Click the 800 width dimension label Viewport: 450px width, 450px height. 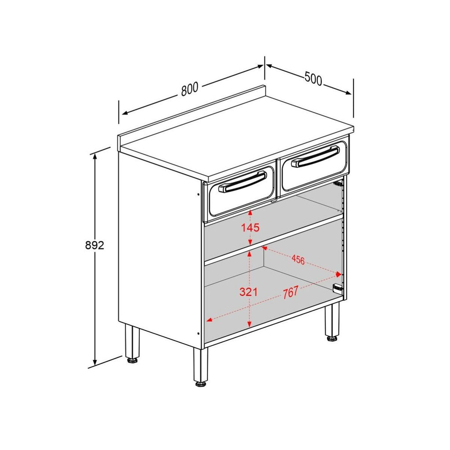(x=190, y=89)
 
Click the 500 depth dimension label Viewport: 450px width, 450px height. (x=313, y=79)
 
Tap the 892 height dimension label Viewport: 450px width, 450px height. (x=95, y=245)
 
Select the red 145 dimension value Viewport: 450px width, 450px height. (x=250, y=228)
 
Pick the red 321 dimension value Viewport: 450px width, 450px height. (x=249, y=292)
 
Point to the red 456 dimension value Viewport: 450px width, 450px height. (x=298, y=260)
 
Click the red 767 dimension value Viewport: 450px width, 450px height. (x=290, y=293)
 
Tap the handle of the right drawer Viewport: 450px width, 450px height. (x=316, y=156)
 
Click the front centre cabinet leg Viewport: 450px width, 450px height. (x=200, y=364)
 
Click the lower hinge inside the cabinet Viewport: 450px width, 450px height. (x=337, y=288)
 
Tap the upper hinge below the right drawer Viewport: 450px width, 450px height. (x=338, y=183)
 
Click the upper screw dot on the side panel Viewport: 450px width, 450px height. (x=198, y=194)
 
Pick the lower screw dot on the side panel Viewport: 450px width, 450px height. (x=198, y=334)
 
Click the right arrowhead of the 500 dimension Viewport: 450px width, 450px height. (x=348, y=92)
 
